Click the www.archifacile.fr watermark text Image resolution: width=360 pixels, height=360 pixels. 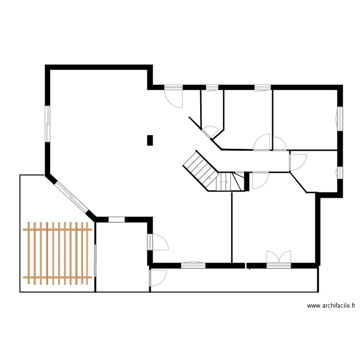click(x=331, y=306)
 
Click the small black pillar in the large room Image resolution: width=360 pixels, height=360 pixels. click(x=150, y=140)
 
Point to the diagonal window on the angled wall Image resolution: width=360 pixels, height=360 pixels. click(x=70, y=197)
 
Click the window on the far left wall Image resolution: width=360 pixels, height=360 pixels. click(x=48, y=123)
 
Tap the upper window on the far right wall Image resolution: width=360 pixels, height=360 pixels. click(x=339, y=118)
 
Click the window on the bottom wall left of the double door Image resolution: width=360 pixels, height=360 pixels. click(x=193, y=264)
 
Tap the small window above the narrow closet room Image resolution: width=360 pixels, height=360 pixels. click(x=212, y=87)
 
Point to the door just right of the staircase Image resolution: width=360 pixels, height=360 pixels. click(x=259, y=180)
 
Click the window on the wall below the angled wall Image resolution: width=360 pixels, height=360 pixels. click(x=117, y=219)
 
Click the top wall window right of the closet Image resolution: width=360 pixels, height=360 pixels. click(x=263, y=87)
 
